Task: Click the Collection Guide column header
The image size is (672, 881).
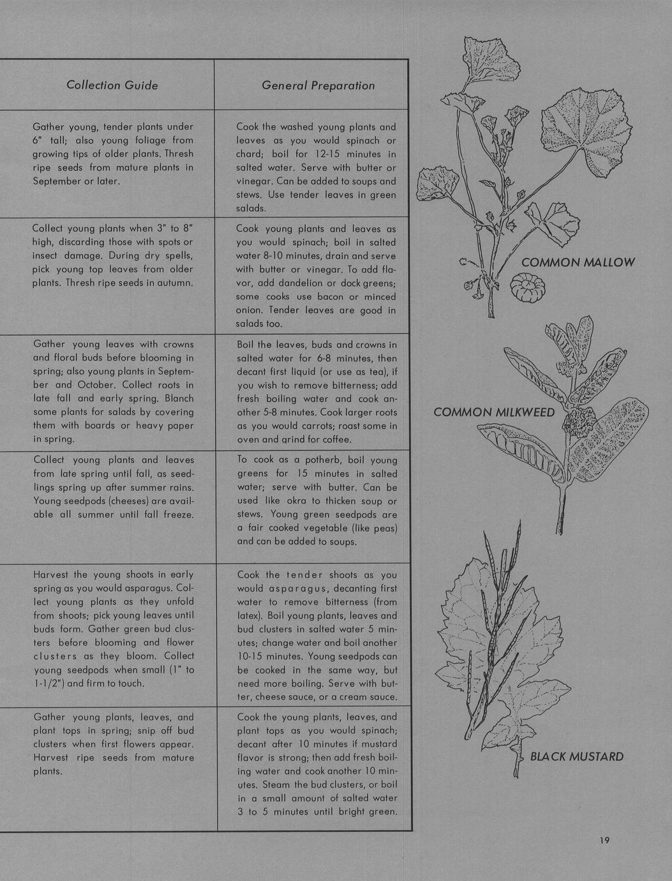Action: (x=112, y=85)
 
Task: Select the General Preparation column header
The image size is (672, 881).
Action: (x=318, y=86)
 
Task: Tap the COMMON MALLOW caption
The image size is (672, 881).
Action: (x=578, y=262)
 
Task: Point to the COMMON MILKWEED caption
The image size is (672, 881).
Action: (x=494, y=412)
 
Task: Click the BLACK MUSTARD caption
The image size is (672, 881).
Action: (x=577, y=757)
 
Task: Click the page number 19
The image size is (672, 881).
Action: (x=604, y=840)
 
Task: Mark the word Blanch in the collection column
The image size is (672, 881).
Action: (x=179, y=398)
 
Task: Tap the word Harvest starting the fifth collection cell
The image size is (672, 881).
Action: (x=51, y=575)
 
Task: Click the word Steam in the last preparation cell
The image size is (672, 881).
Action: (x=251, y=785)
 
